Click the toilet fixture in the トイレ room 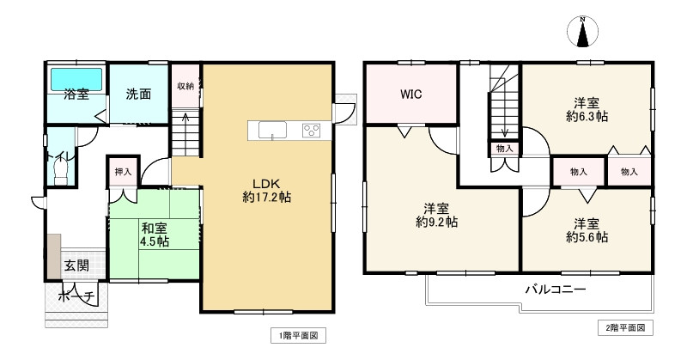coord(59,171)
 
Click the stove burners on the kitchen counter coord(311,131)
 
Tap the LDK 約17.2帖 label coord(265,190)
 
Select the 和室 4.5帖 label coord(155,235)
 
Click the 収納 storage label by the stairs coord(185,87)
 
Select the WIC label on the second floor coord(410,95)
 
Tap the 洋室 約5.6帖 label coord(587,229)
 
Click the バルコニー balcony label coord(556,290)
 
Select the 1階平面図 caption coord(298,335)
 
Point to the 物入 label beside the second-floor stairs coord(504,149)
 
